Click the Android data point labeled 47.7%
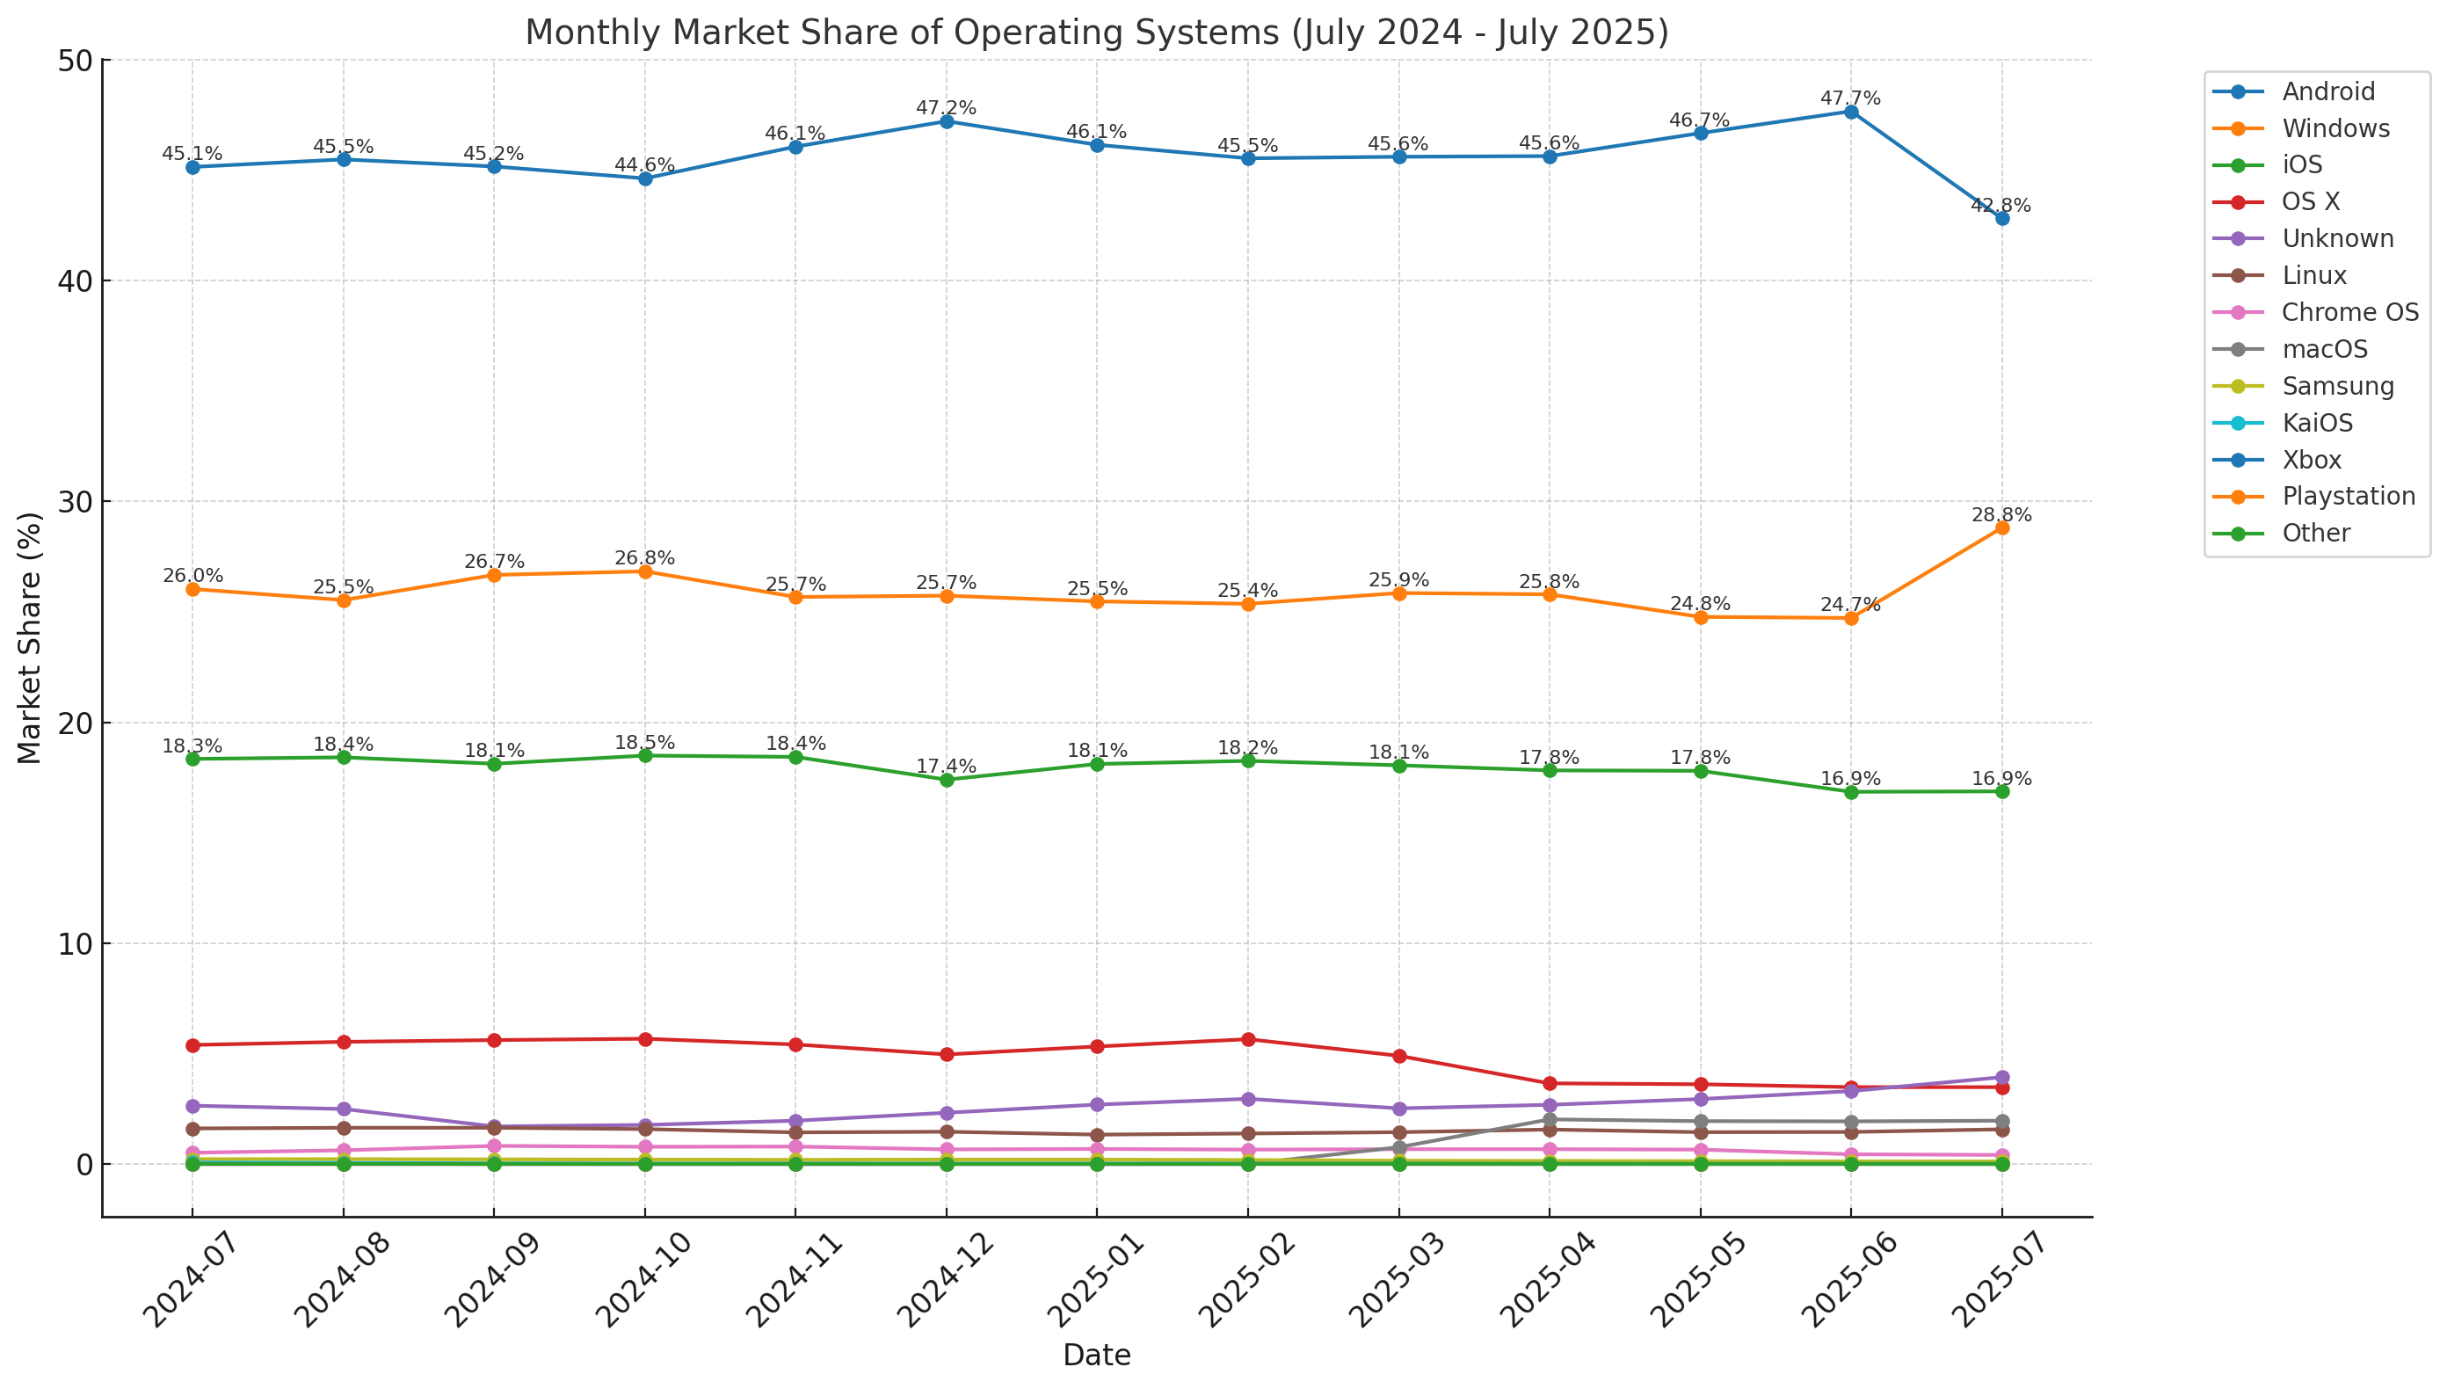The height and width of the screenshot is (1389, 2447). click(x=1851, y=112)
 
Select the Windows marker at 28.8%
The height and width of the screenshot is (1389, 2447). click(x=2001, y=527)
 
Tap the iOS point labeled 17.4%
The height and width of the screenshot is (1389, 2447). click(x=947, y=780)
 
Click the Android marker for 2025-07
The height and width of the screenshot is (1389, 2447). click(x=2001, y=219)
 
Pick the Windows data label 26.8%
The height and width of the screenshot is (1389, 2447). click(x=644, y=558)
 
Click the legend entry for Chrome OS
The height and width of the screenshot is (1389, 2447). click(x=2349, y=312)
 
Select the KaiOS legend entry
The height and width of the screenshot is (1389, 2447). click(x=2316, y=423)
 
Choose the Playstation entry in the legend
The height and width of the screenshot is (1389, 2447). click(x=2348, y=496)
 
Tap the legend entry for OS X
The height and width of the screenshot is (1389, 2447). click(x=2310, y=201)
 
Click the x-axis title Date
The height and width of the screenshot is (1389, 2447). click(x=1097, y=1355)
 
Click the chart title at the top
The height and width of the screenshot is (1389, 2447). click(x=1097, y=33)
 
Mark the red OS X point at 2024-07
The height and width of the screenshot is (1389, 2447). click(x=192, y=1045)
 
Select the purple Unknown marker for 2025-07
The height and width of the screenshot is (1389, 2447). click(x=2001, y=1077)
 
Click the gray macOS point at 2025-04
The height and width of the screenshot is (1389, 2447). click(x=1550, y=1119)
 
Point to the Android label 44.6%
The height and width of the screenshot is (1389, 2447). click(x=644, y=165)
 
